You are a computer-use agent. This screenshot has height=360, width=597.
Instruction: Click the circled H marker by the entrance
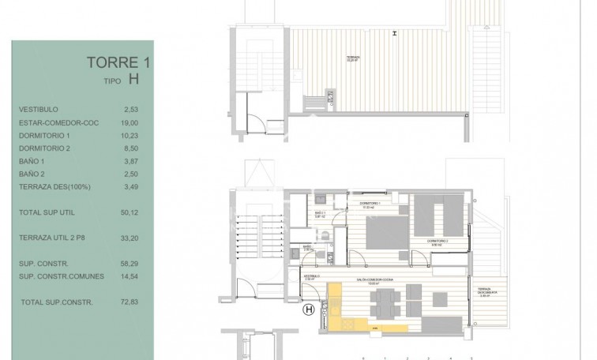point(308,311)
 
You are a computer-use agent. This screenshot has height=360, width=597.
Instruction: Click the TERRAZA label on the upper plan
point(353,58)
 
